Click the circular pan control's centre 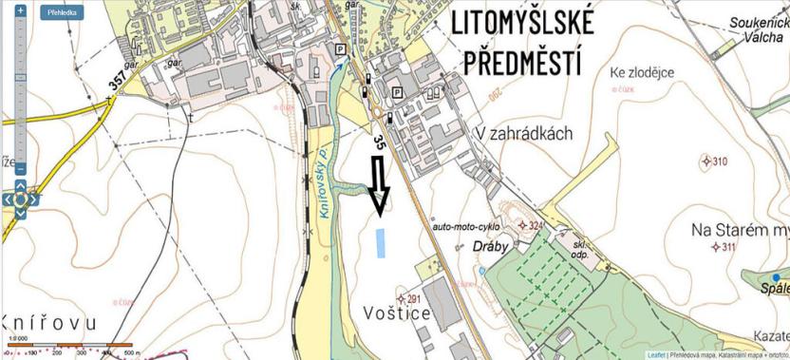point(21,199)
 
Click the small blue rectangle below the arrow point(382,242)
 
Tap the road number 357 point(117,83)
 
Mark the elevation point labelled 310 point(705,161)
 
